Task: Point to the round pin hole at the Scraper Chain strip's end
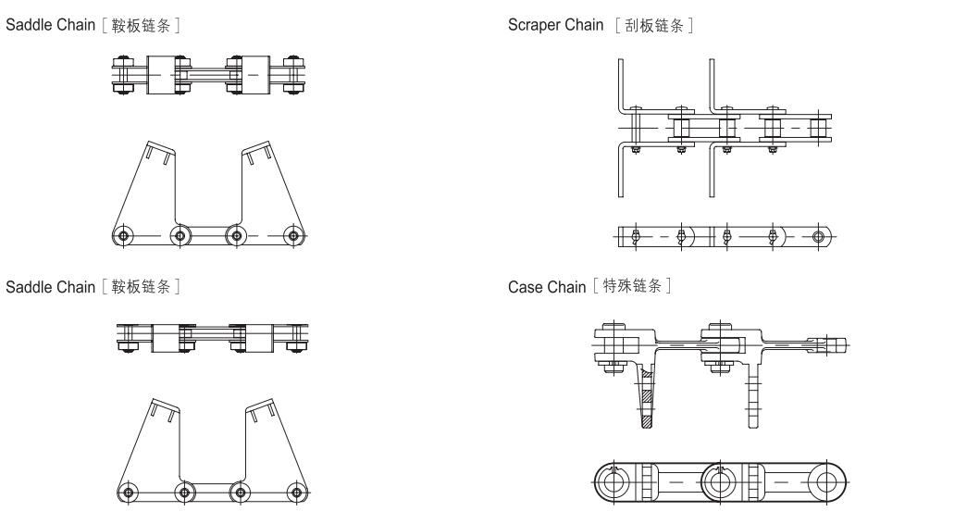817,236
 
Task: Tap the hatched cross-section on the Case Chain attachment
648,396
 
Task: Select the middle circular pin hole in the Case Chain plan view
719,482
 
